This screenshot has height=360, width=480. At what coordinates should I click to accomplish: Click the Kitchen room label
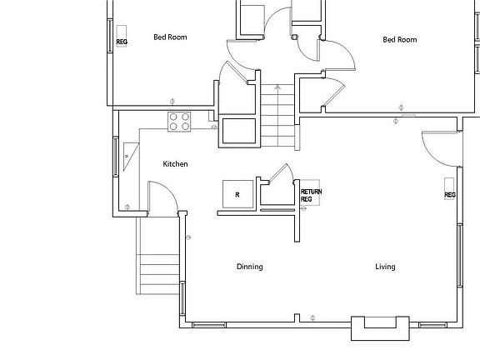click(175, 164)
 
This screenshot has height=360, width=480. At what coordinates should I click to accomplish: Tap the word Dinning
click(249, 267)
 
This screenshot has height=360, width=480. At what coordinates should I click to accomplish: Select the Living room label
click(385, 267)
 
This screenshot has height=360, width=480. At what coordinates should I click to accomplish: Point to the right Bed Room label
click(399, 39)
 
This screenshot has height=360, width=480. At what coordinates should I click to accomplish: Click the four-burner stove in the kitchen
click(179, 122)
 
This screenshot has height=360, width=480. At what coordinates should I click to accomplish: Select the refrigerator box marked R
click(237, 193)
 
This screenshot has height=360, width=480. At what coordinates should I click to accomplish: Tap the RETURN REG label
click(311, 196)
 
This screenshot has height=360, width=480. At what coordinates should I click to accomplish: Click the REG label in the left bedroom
click(122, 41)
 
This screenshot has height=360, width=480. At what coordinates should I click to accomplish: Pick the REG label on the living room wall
click(450, 195)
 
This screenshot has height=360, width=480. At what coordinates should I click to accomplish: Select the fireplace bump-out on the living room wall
click(380, 328)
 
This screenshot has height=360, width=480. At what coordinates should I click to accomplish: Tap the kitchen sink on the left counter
click(130, 155)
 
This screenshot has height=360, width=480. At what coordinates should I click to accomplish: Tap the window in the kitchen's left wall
click(114, 156)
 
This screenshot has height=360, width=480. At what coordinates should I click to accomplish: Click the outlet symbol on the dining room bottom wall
click(312, 317)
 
